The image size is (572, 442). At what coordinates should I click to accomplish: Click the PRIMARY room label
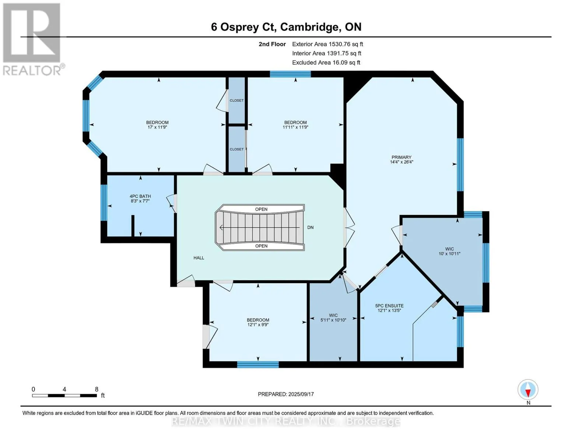pyautogui.click(x=401, y=157)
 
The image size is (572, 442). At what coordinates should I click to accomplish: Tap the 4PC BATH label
pyautogui.click(x=140, y=196)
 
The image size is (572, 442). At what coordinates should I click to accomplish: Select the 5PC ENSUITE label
pyautogui.click(x=389, y=306)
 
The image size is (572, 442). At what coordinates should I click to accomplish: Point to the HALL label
pyautogui.click(x=199, y=258)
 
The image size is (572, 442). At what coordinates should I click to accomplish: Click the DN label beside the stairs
pyautogui.click(x=310, y=227)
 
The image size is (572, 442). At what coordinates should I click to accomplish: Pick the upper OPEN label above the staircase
pyautogui.click(x=261, y=209)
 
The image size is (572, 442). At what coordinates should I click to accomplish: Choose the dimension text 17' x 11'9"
pyautogui.click(x=157, y=127)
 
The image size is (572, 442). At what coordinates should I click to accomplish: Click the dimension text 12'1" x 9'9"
pyautogui.click(x=258, y=325)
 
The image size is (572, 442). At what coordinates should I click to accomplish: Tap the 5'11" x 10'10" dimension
pyautogui.click(x=333, y=320)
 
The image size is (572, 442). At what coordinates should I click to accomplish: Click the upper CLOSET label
pyautogui.click(x=236, y=100)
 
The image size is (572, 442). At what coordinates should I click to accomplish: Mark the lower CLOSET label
pyautogui.click(x=236, y=149)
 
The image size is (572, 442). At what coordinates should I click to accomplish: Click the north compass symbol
pyautogui.click(x=528, y=390)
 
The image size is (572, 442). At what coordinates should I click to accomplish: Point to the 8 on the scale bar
pyautogui.click(x=96, y=389)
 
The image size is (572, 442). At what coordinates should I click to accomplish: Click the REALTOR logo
pyautogui.click(x=32, y=39)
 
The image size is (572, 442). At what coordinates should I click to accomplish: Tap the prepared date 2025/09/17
pyautogui.click(x=301, y=394)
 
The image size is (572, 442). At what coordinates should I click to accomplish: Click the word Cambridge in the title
pyautogui.click(x=309, y=27)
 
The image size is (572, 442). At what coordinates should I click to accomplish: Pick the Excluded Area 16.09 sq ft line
pyautogui.click(x=326, y=63)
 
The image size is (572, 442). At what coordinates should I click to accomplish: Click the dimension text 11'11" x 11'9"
pyautogui.click(x=295, y=127)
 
